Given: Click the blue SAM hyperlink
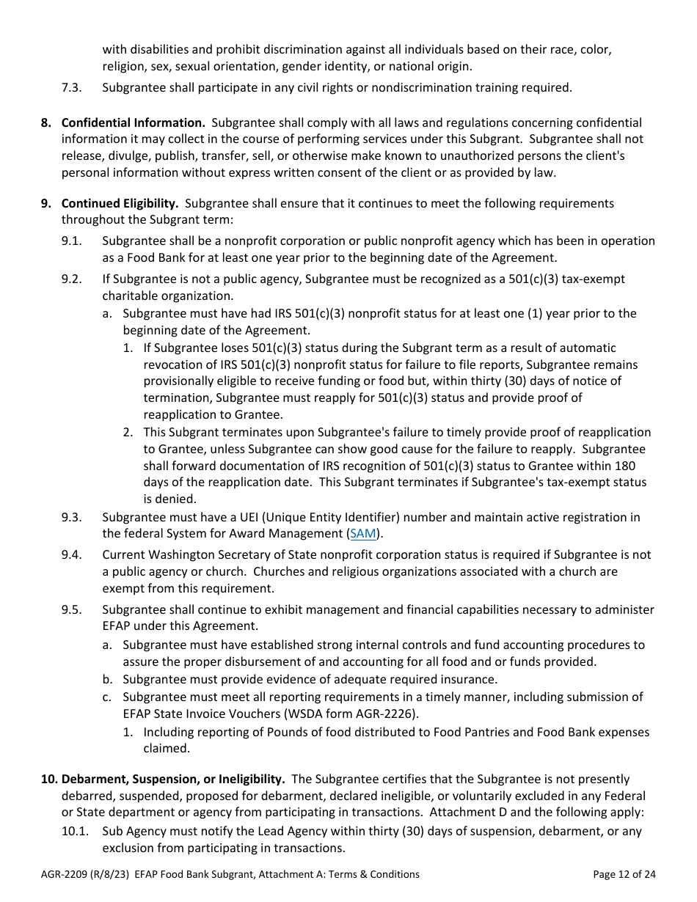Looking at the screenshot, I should click(x=363, y=534).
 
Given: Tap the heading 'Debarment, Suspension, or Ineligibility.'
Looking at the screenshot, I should click(x=173, y=779).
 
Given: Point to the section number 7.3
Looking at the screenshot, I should click(x=71, y=88).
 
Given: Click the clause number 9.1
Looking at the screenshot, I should click(x=71, y=241).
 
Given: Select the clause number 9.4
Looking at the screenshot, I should click(x=71, y=555).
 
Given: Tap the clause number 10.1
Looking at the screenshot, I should click(x=74, y=832).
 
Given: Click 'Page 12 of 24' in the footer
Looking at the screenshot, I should click(x=624, y=874).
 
